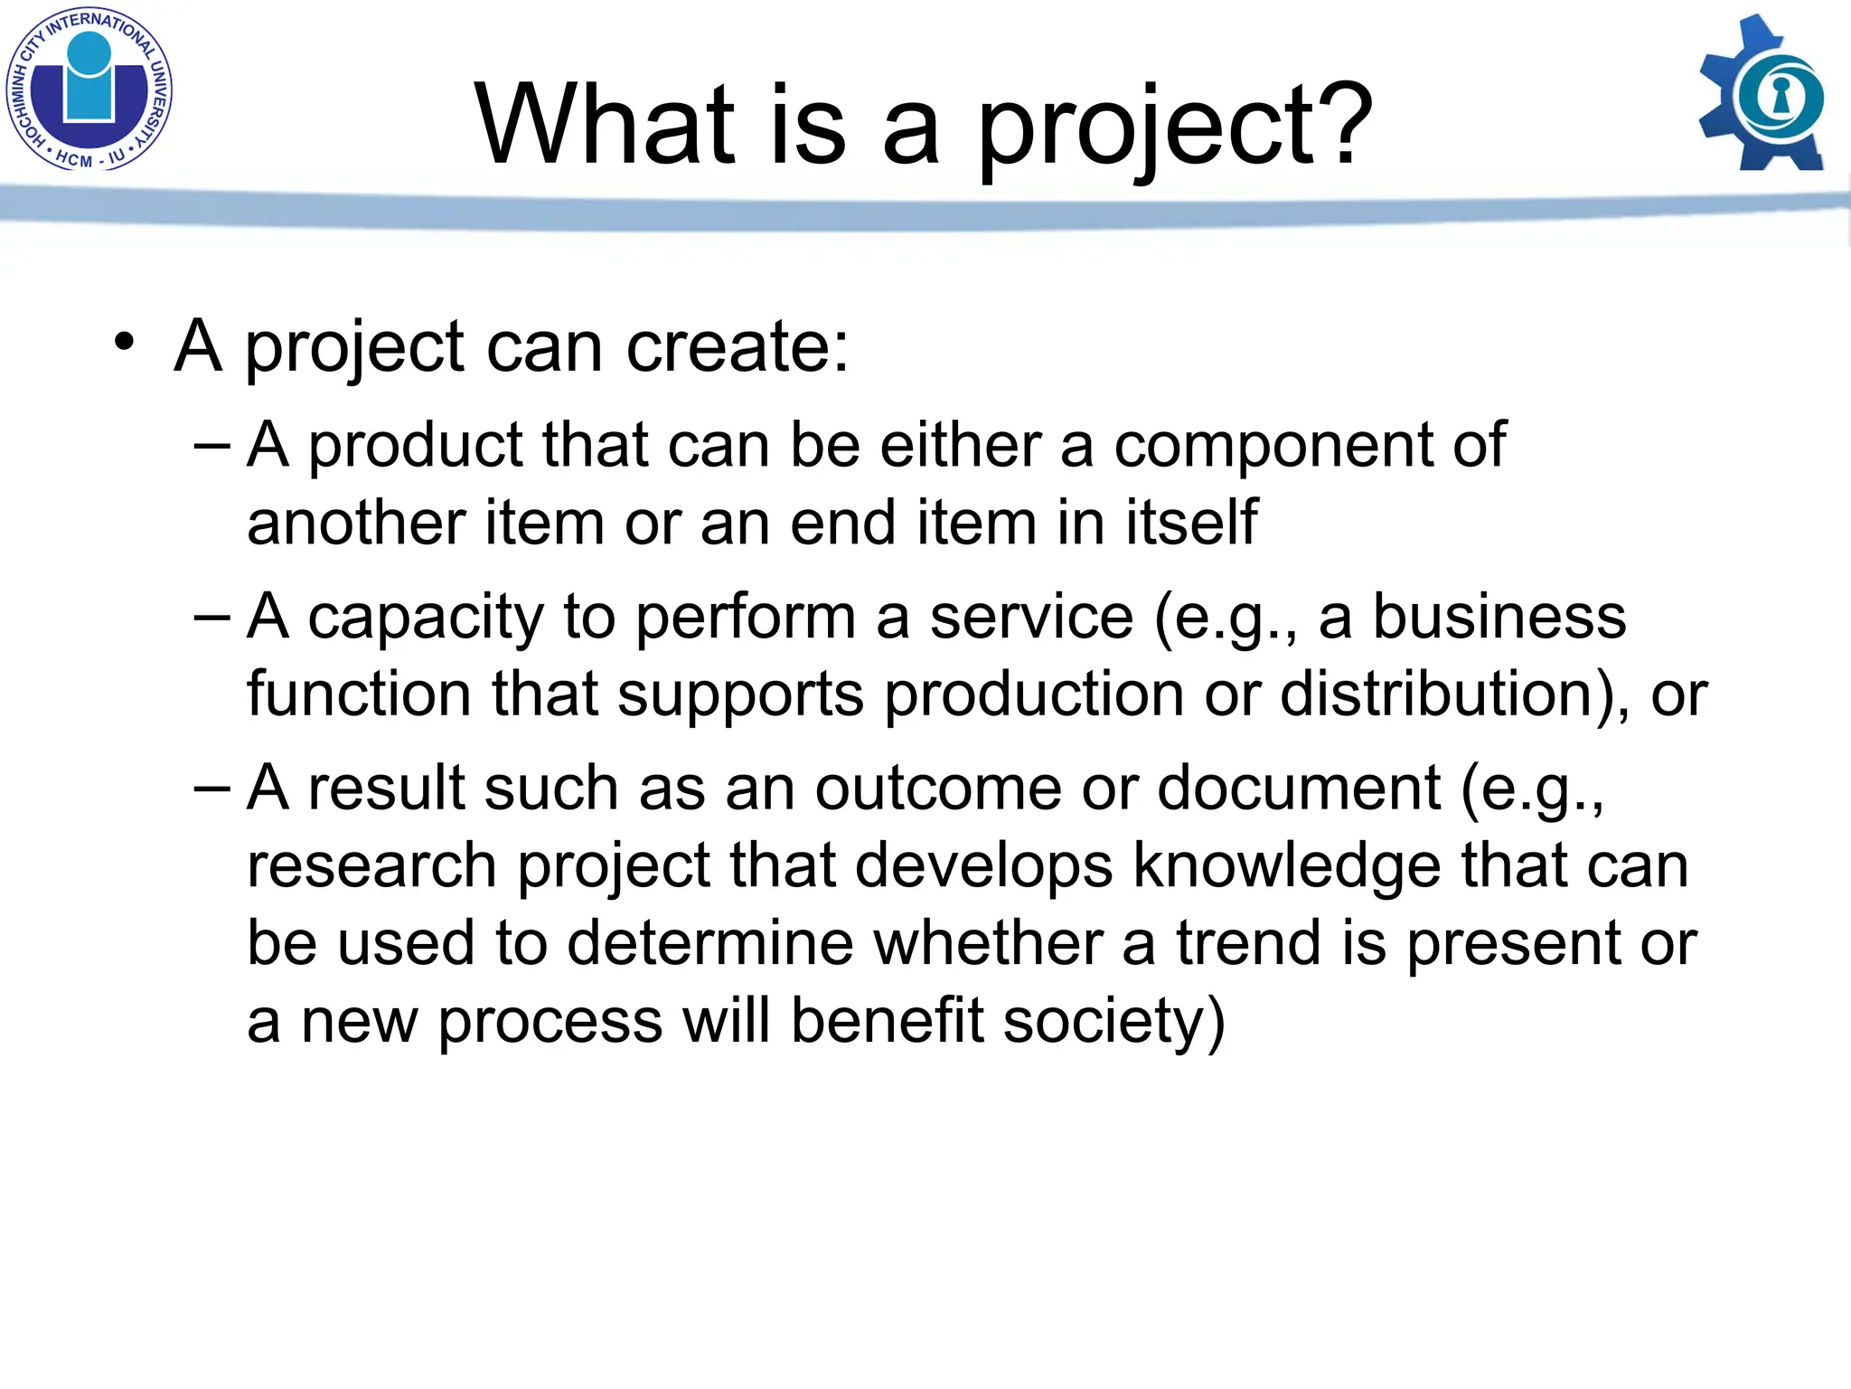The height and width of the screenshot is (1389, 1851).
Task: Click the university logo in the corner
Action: [89, 90]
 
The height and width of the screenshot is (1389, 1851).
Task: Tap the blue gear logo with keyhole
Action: [1762, 93]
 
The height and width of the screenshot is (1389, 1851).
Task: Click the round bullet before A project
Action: [125, 343]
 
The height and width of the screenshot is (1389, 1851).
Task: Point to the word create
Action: [738, 347]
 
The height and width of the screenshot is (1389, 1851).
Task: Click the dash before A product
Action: [211, 445]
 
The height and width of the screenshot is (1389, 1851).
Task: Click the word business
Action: [1499, 618]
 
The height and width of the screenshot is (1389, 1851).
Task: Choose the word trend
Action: [1249, 943]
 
